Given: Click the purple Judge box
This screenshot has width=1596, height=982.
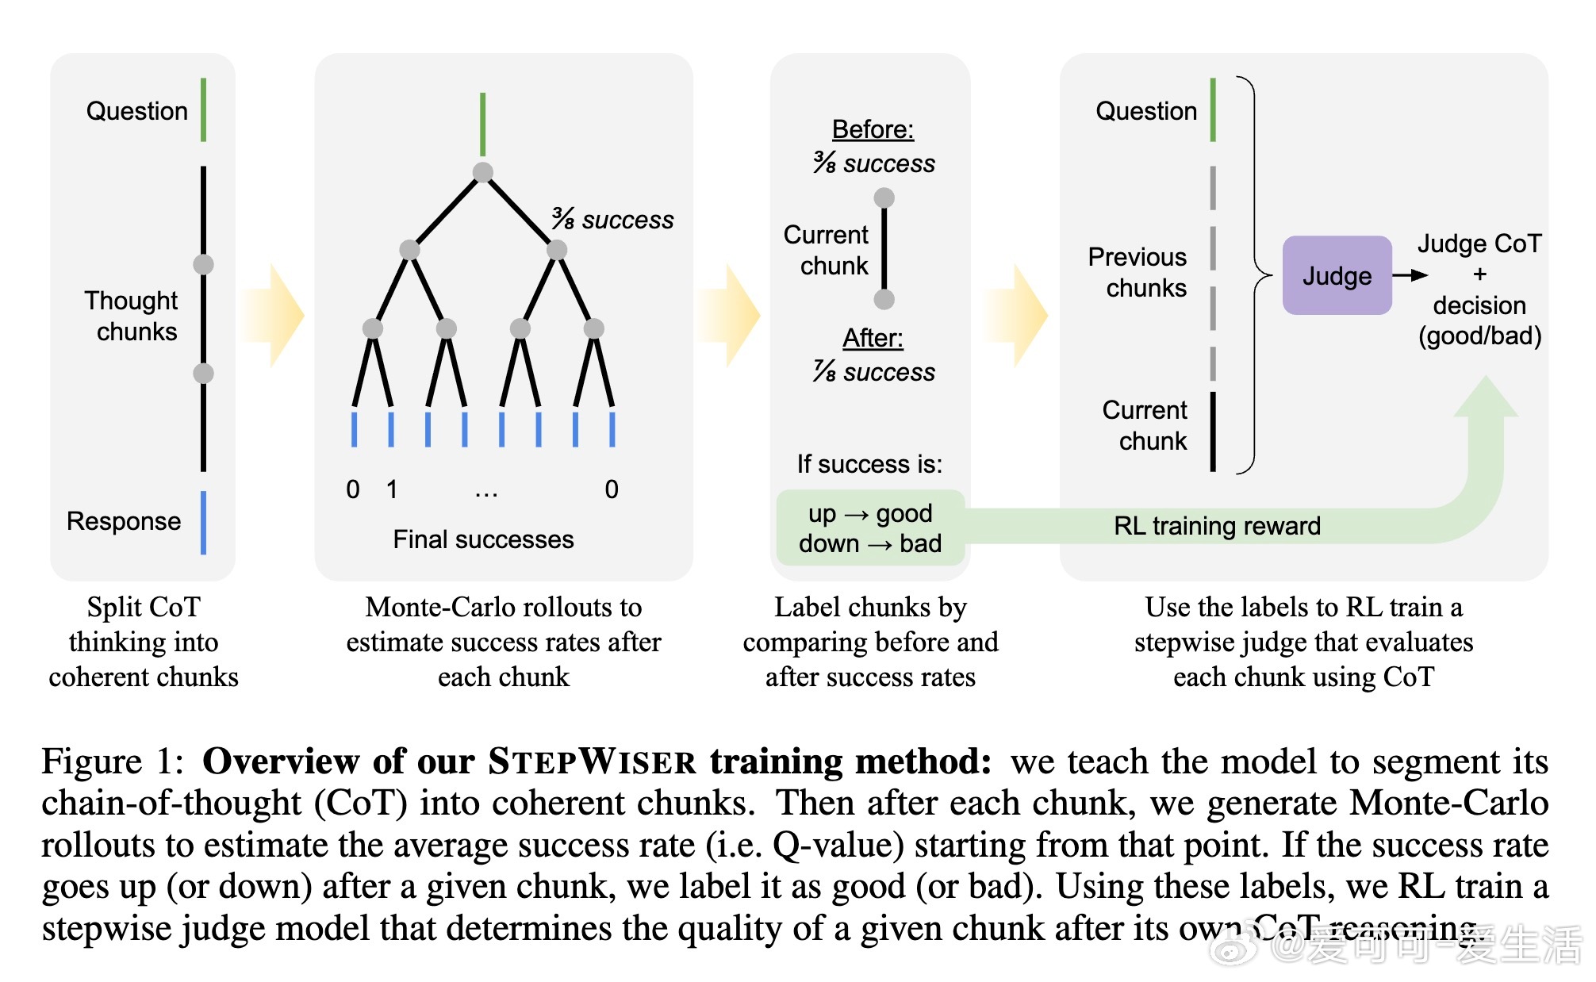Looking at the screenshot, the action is point(1337,275).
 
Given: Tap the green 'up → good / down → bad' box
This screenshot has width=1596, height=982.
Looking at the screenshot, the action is point(870,527).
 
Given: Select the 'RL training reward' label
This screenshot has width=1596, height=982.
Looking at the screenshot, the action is point(1217,525).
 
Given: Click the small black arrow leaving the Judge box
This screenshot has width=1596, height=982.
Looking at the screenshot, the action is point(1410,275).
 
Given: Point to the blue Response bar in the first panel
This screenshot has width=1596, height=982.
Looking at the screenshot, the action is point(204,523).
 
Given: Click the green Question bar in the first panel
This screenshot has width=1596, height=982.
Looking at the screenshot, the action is point(204,109).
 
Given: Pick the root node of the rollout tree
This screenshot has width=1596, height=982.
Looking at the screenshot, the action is point(482,172).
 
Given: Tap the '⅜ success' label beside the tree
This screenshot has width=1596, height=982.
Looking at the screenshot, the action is point(612,219).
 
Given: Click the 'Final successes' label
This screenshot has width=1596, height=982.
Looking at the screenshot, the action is point(483,539).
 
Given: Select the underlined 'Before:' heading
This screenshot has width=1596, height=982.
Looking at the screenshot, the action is point(873,129).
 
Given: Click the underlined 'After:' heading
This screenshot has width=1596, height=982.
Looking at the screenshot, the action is point(873,338).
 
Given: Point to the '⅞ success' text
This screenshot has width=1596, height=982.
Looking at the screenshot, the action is point(873,371).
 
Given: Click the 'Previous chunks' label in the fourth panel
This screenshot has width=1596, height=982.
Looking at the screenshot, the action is point(1138,272).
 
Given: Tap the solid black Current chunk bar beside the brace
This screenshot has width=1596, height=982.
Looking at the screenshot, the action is point(1213,432).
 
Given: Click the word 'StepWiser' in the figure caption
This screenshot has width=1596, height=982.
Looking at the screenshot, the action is point(592,761).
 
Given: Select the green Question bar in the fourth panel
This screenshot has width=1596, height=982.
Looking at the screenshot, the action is point(1213,109).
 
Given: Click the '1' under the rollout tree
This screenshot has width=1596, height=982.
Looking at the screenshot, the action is point(392,489).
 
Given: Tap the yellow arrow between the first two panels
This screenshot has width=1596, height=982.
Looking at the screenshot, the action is point(274,316).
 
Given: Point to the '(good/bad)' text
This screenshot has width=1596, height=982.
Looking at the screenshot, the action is point(1480,336).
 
